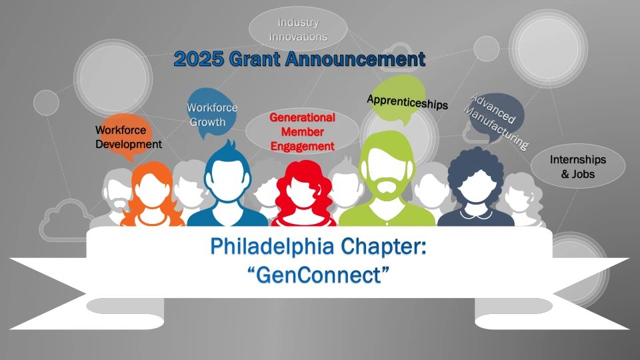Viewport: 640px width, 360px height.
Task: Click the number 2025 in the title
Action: point(199,59)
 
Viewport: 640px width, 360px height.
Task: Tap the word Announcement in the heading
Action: point(355,59)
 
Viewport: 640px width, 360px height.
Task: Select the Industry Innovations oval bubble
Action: point(298,29)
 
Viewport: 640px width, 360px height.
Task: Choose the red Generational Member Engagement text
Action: point(303,132)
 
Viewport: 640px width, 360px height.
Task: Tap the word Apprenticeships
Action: point(407,101)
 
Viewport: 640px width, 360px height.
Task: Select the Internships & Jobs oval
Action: point(577,166)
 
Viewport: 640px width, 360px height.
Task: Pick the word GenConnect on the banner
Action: point(319,275)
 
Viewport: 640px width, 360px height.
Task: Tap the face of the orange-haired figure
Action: point(151,190)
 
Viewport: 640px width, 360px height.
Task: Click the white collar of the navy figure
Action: point(475,214)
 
